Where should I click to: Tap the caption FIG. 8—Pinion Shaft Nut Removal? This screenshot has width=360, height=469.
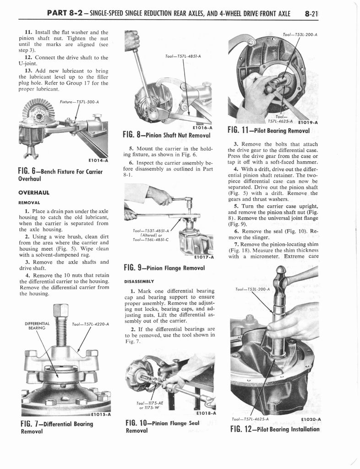(166, 135)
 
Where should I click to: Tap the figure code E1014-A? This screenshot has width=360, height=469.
(97, 160)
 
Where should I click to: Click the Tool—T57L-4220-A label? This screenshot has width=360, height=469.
(90, 324)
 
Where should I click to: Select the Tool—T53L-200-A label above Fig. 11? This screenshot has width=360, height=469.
(300, 33)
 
